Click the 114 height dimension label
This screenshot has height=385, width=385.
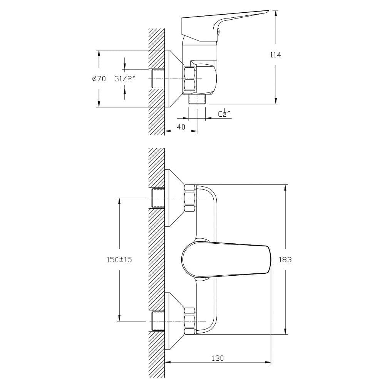tap(275, 55)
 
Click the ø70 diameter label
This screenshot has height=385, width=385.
tap(99, 79)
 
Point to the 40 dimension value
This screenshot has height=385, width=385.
tap(181, 127)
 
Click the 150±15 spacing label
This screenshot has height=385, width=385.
tap(119, 259)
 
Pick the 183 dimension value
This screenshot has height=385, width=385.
tap(285, 259)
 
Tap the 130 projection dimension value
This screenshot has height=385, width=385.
tap(218, 358)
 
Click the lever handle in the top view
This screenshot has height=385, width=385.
tap(221, 25)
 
